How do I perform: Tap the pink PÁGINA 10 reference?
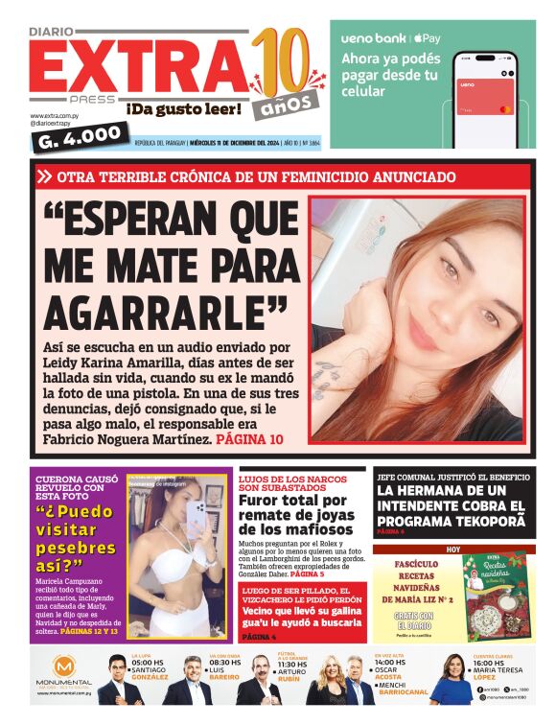[x=250, y=438]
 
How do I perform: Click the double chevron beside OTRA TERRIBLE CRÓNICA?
[x=44, y=177]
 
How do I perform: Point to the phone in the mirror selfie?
[x=197, y=519]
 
